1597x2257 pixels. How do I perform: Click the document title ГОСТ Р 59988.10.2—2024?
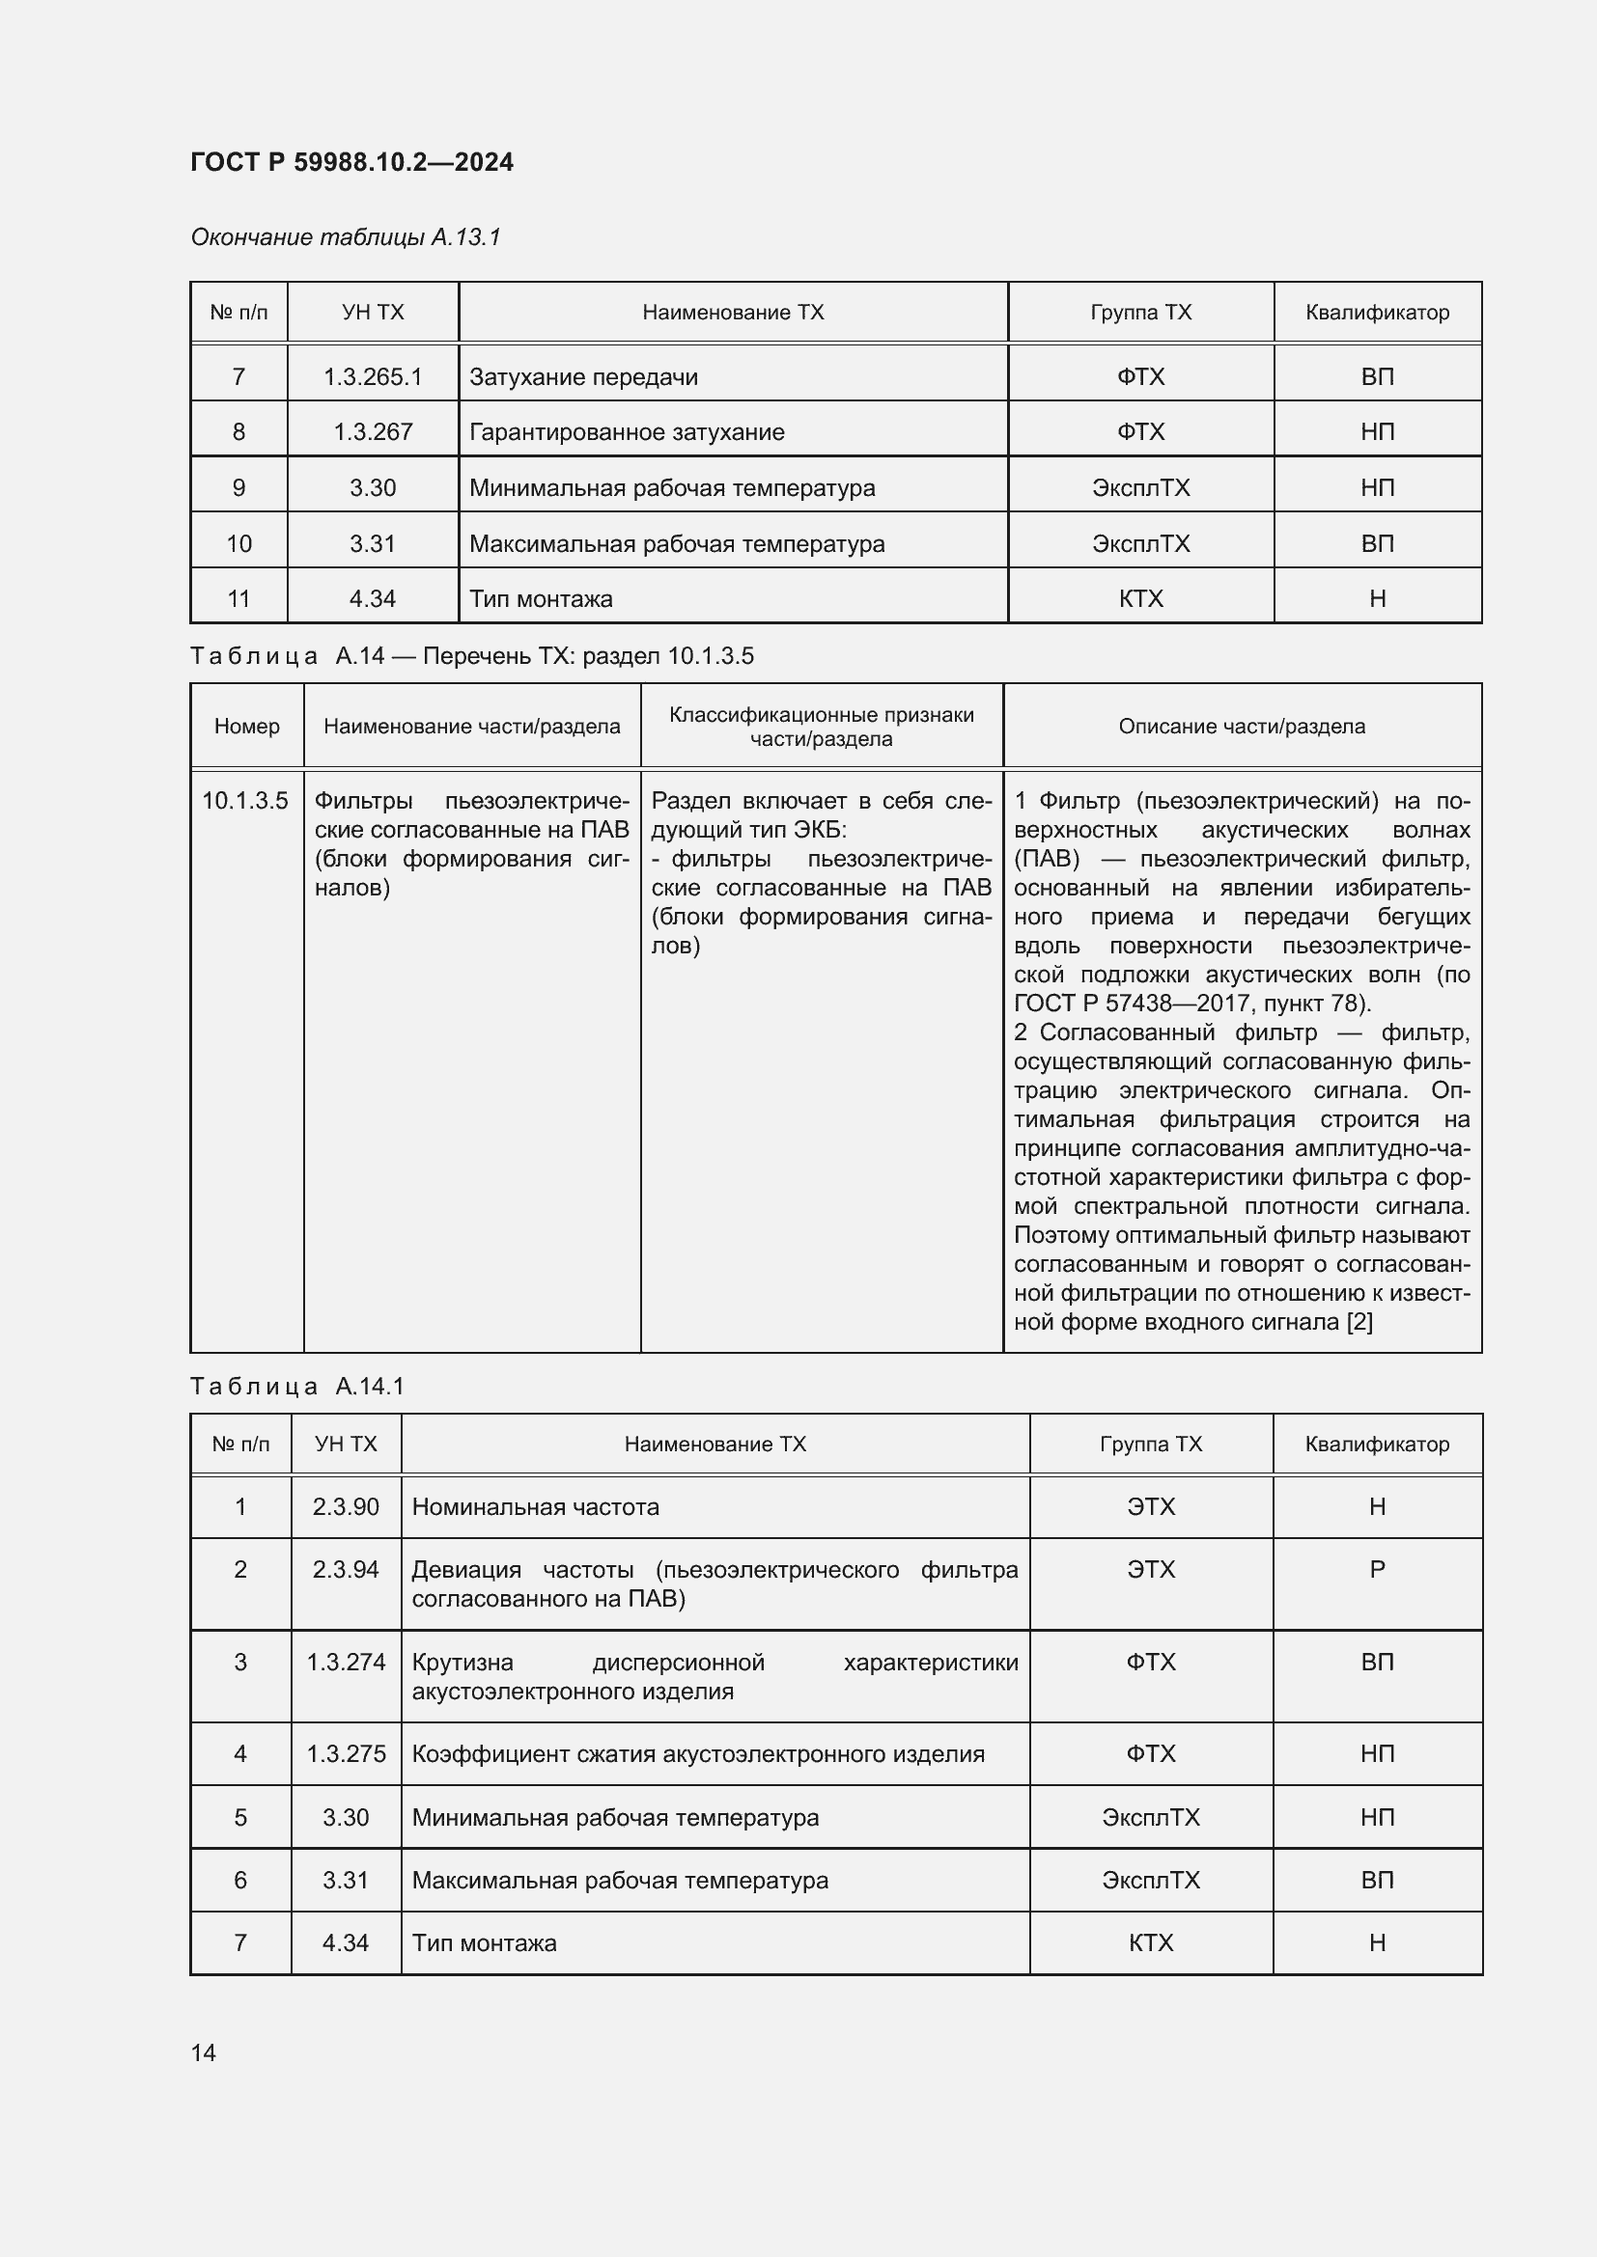(351, 162)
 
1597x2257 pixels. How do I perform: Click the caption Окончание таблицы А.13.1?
(345, 237)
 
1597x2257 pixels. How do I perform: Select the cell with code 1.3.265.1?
(373, 376)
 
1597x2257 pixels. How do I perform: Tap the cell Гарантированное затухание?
(627, 431)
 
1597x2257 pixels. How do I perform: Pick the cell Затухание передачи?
(583, 376)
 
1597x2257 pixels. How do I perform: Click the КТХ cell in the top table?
(1139, 598)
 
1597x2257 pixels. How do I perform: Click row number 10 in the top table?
(238, 543)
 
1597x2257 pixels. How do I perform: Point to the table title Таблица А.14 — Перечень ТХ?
(471, 655)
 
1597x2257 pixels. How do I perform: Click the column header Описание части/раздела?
(1241, 727)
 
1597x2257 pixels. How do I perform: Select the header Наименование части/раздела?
(471, 727)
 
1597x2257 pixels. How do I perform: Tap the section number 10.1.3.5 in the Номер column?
(245, 801)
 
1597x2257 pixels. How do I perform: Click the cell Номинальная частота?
(535, 1507)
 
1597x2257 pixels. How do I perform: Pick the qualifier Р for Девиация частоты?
(1377, 1570)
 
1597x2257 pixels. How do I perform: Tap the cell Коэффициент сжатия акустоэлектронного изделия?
(697, 1753)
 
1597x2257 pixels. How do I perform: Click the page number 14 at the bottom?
(204, 2052)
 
